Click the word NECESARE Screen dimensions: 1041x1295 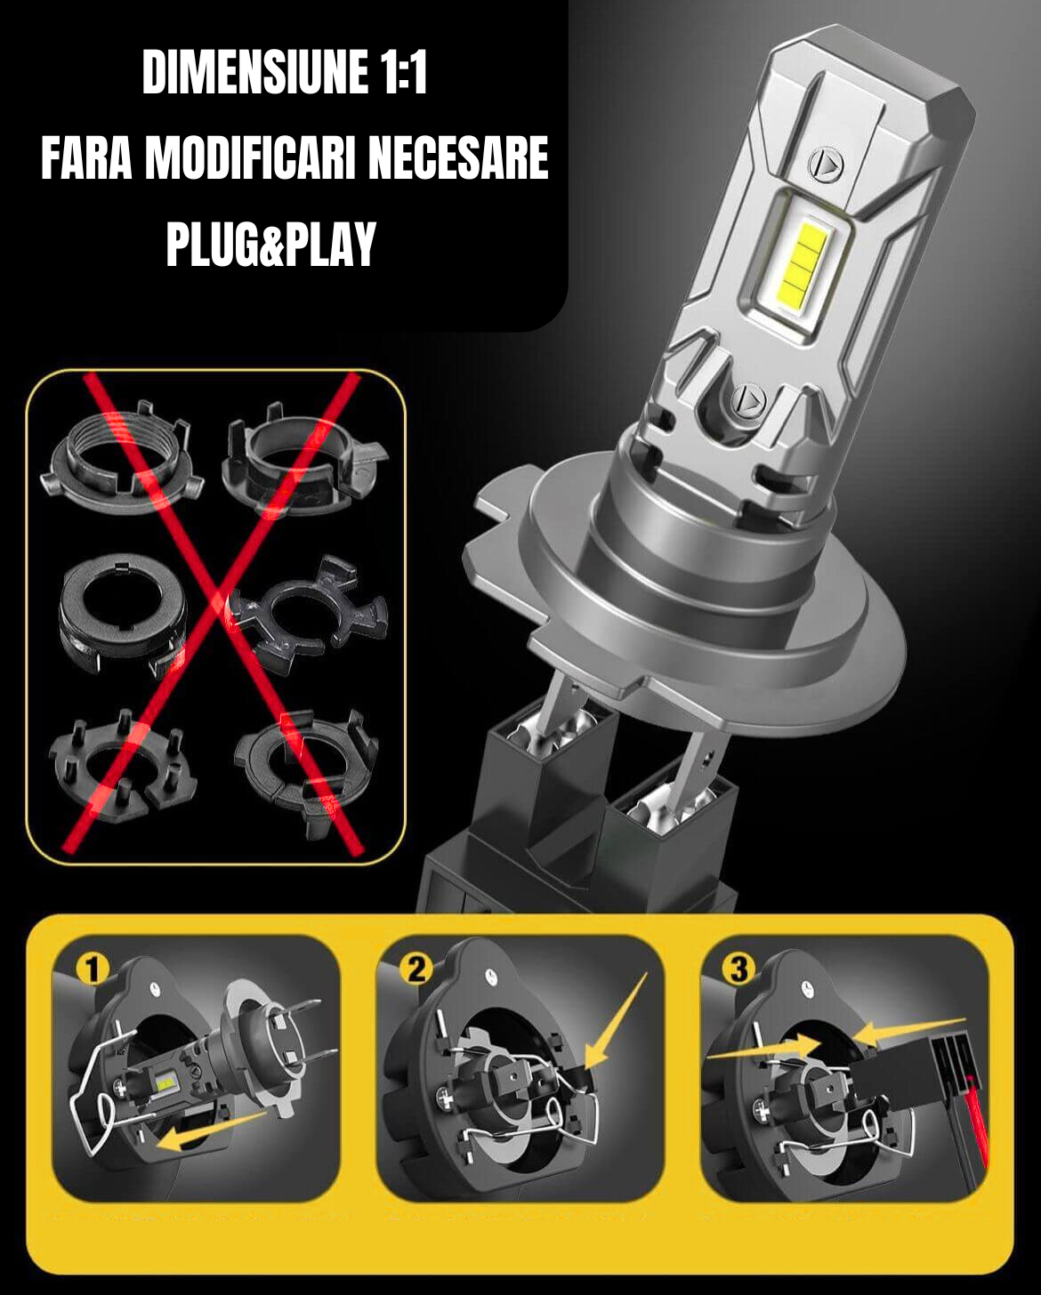tap(458, 157)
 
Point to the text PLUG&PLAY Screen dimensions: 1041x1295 tap(271, 245)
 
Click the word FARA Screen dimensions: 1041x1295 tap(86, 157)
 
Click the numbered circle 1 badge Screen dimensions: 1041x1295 tap(93, 969)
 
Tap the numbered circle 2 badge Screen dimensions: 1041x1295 tap(416, 969)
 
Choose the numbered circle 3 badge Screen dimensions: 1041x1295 tap(738, 969)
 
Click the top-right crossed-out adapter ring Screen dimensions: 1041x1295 tap(303, 461)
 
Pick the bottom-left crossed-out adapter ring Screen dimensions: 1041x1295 tap(122, 765)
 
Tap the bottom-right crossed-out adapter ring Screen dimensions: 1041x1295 tap(307, 771)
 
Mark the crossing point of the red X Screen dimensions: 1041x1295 tap(221, 604)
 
